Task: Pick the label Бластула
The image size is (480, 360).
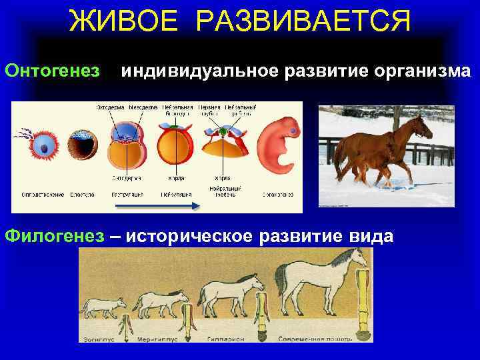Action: pyautogui.click(x=83, y=195)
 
